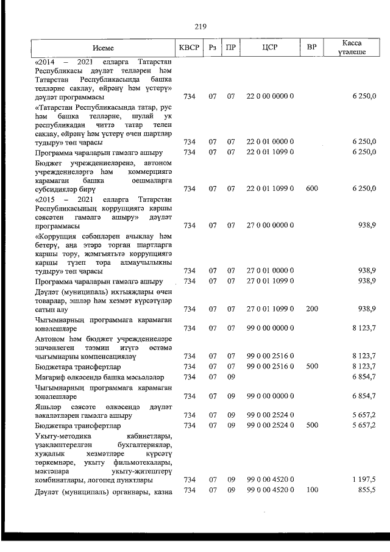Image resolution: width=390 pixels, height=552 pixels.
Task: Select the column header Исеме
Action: click(104, 47)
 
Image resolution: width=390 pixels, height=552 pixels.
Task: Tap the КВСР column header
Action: click(190, 47)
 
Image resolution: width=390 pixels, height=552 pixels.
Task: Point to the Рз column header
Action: click(212, 47)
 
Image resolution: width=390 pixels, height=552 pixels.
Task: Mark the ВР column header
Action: click(311, 47)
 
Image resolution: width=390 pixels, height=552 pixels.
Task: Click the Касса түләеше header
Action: click(352, 48)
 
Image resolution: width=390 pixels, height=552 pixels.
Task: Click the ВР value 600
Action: click(311, 188)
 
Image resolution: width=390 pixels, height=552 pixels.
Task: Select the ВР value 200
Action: click(311, 309)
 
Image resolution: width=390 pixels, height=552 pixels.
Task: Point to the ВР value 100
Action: click(311, 490)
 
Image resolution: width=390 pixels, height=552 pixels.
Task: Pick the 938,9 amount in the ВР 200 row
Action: click(366, 309)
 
